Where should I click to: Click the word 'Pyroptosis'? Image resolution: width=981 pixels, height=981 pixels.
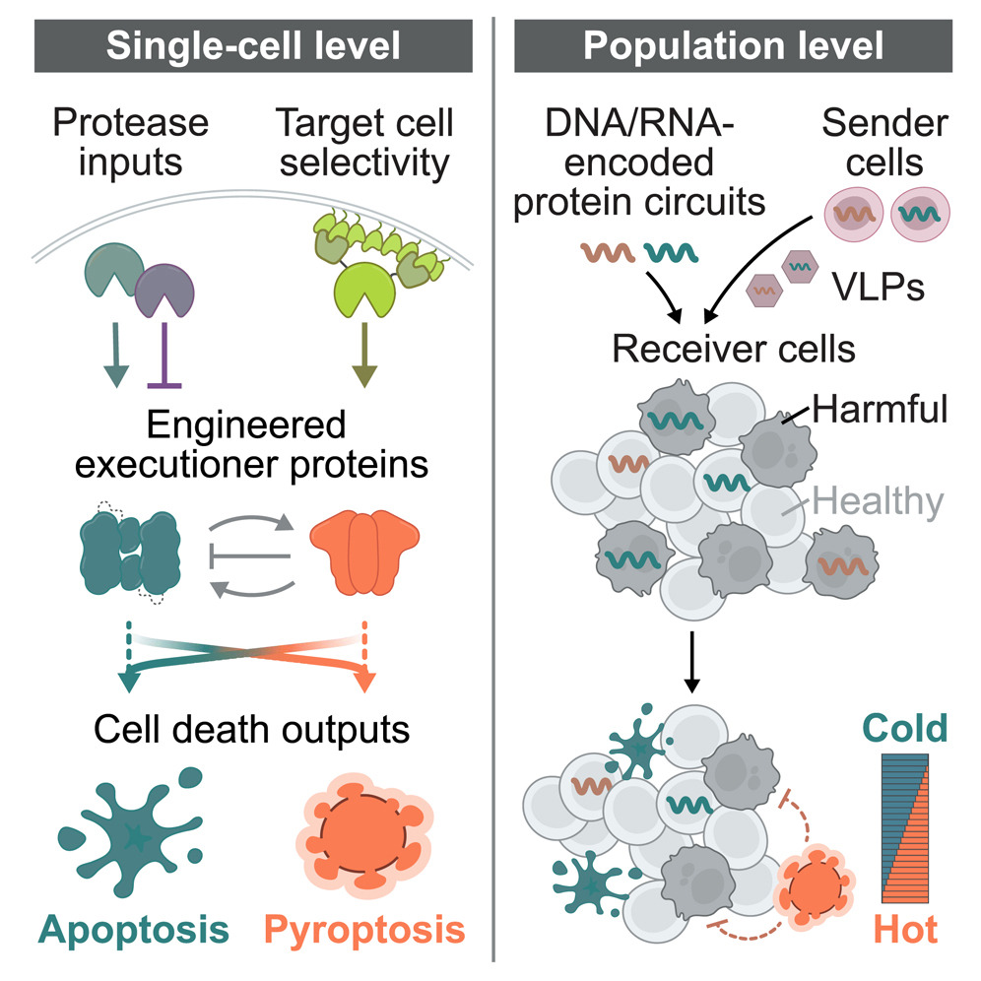coord(365,929)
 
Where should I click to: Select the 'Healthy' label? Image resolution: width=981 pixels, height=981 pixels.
coord(878,502)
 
